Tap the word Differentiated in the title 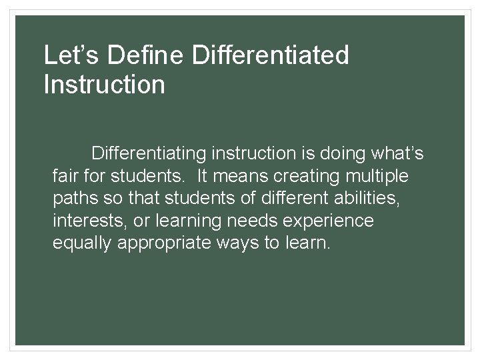coord(269,55)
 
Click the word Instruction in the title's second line coord(104,85)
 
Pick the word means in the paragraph coord(237,177)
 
